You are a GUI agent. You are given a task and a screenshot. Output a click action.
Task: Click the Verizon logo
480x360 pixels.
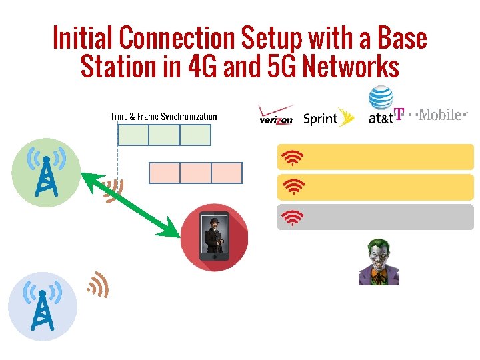click(276, 116)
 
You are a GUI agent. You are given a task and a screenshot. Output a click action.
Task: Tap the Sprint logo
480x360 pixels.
click(327, 118)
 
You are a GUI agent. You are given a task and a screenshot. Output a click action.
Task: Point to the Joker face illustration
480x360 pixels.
click(378, 261)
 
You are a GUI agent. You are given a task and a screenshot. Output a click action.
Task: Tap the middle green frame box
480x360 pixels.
click(164, 135)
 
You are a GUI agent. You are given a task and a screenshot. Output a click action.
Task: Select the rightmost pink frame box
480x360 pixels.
click(227, 173)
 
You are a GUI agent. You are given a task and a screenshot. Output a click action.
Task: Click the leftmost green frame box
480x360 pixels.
click(133, 135)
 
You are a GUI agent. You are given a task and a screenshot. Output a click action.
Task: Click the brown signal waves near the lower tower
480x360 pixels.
click(98, 284)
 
